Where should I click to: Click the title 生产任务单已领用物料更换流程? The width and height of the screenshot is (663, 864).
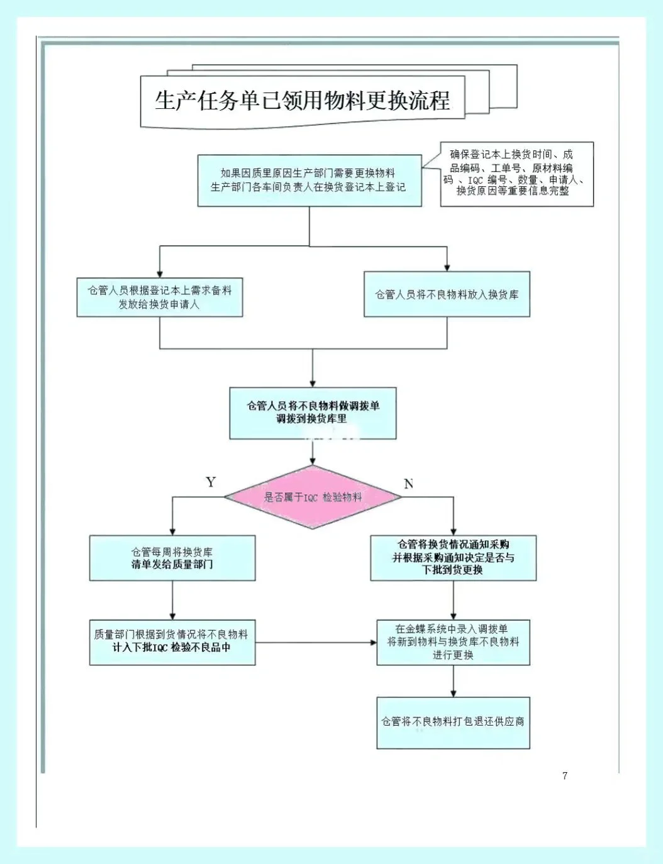click(303, 101)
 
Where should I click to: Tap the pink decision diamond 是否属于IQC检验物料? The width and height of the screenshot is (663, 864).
click(313, 497)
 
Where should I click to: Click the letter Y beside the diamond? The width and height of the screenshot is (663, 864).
click(211, 482)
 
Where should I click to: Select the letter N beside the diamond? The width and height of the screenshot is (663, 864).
click(408, 484)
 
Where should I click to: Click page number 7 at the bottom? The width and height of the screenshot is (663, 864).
click(565, 775)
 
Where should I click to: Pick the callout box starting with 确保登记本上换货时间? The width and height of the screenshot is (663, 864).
click(516, 174)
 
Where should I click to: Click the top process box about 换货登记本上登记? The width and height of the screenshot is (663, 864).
click(309, 180)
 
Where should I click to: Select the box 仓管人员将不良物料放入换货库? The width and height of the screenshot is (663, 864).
click(447, 294)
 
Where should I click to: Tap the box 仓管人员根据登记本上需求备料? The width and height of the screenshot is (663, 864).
click(160, 297)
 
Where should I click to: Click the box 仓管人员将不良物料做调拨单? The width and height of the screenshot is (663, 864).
click(313, 413)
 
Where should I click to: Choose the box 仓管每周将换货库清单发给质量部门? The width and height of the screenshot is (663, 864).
click(172, 558)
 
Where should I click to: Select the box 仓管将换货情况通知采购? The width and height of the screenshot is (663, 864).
click(453, 558)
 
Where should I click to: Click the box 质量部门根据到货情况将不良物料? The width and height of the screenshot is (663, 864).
click(172, 642)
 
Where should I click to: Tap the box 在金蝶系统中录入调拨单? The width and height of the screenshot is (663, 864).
click(453, 642)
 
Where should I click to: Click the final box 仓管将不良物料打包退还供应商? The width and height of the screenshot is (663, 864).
click(453, 722)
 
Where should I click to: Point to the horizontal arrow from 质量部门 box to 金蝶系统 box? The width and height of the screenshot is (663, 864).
click(315, 643)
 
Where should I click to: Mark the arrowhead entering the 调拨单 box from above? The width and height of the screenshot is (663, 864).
click(313, 383)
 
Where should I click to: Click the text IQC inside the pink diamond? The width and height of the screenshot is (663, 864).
click(311, 497)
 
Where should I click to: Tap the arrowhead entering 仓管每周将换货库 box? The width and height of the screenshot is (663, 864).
click(172, 531)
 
